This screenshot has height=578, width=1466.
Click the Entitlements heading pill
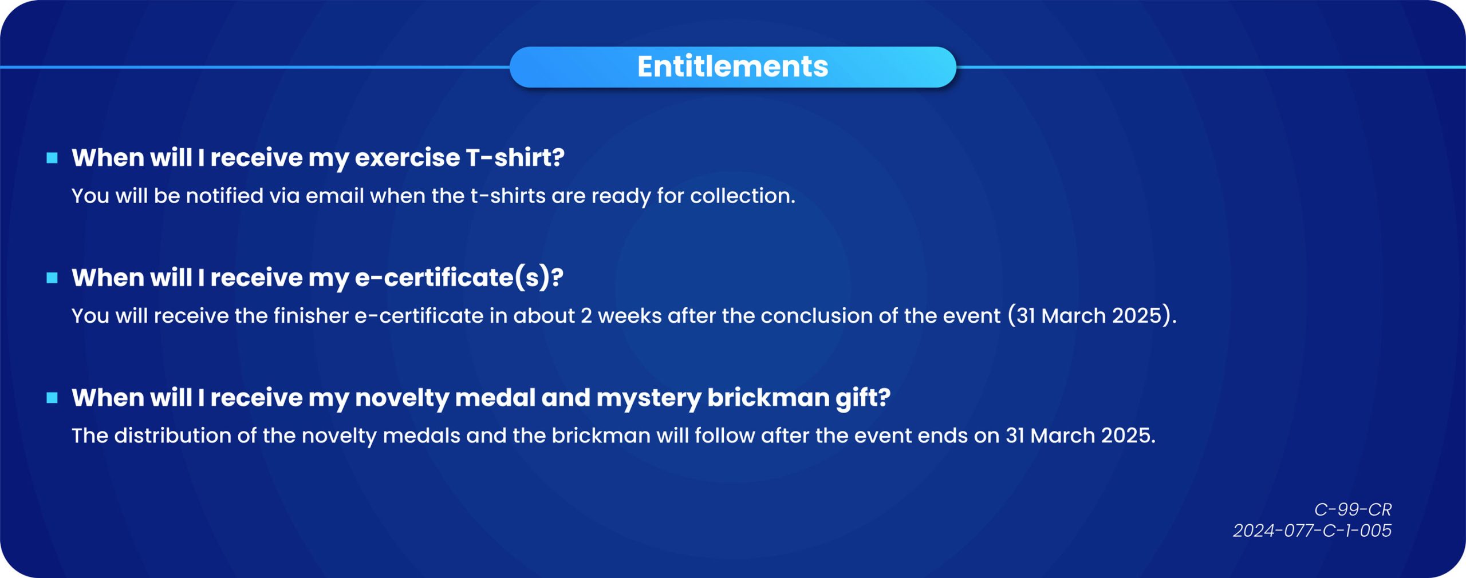point(732,67)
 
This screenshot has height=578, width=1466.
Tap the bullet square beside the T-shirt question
point(52,158)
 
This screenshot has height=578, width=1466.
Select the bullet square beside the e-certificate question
point(52,278)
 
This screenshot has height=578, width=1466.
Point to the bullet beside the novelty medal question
point(52,398)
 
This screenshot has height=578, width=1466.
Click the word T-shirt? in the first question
point(515,158)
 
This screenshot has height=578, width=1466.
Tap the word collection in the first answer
point(743,196)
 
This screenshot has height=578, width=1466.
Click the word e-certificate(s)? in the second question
point(459,278)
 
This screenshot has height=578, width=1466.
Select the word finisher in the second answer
point(311,316)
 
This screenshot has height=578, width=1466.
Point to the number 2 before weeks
point(586,316)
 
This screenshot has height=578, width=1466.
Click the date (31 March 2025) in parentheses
point(1091,316)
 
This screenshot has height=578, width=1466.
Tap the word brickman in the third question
point(769,398)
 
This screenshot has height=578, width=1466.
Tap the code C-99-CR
point(1353,509)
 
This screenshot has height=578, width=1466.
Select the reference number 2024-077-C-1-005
point(1312,531)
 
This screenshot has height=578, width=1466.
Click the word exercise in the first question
point(407,158)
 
